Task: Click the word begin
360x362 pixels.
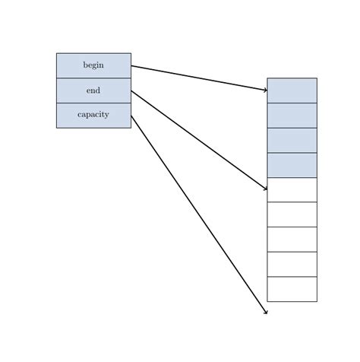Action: [93, 65]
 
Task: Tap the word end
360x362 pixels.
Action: [93, 90]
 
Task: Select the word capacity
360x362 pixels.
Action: [93, 115]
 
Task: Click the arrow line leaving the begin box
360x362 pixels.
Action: [199, 78]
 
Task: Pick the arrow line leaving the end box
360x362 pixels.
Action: [199, 139]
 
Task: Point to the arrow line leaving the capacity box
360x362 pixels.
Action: [199, 214]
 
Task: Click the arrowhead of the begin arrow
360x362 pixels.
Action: [265, 90]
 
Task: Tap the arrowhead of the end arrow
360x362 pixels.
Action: [265, 188]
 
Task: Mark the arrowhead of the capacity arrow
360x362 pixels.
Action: [266, 312]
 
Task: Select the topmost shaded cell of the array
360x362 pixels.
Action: [292, 90]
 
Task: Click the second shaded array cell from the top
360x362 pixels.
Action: [292, 115]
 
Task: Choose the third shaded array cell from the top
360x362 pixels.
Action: [292, 140]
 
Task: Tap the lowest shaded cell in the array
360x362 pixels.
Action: [292, 165]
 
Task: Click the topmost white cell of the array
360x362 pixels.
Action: [292, 189]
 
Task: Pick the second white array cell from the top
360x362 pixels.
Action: [292, 214]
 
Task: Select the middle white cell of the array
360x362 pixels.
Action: [292, 239]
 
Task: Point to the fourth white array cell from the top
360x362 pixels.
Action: [292, 264]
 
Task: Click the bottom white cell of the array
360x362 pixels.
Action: [292, 289]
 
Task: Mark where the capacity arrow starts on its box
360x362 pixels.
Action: [131, 116]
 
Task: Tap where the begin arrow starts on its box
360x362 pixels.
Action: [131, 65]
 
